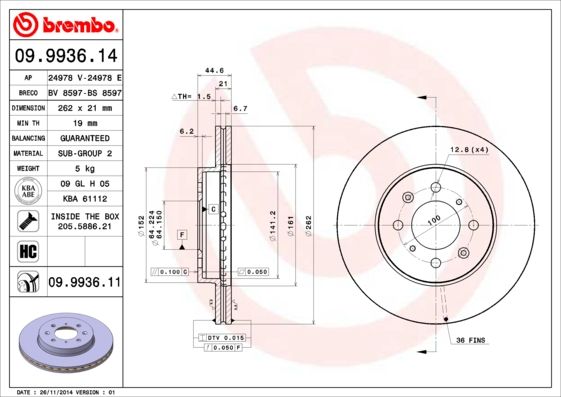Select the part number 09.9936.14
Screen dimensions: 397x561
[66, 56]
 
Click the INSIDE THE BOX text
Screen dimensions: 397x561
[84, 215]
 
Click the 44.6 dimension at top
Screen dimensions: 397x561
[213, 71]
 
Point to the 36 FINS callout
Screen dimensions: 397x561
[470, 342]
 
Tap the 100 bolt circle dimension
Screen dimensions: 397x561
[434, 220]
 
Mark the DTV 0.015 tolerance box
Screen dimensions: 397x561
[226, 339]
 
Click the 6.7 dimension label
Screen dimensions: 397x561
[240, 108]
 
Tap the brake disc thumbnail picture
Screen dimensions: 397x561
[66, 342]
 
